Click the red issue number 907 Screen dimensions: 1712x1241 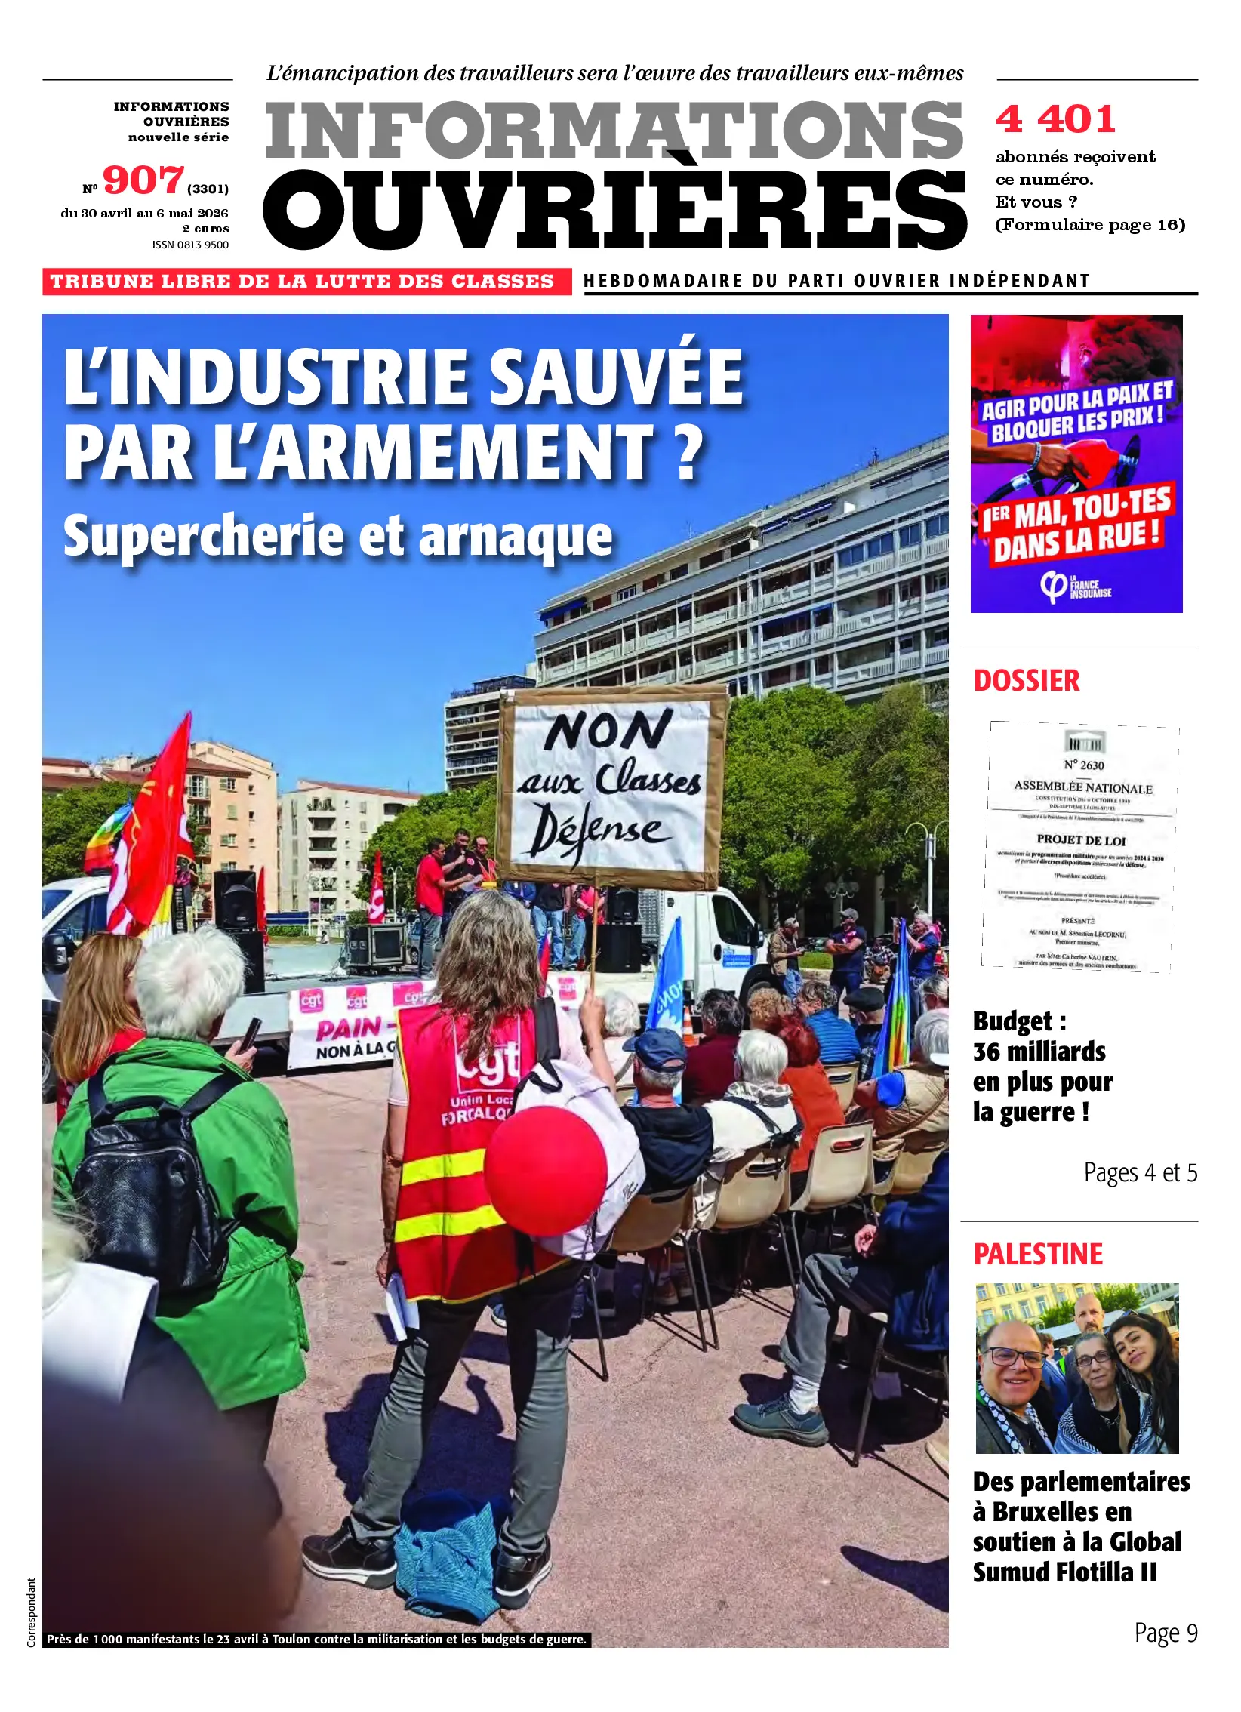143,181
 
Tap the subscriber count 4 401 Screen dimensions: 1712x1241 1055,119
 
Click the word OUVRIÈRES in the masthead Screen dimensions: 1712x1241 614,211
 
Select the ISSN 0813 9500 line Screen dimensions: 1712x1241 190,245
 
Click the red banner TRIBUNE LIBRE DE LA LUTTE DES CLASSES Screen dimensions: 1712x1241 303,282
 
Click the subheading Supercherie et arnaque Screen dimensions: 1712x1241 337,537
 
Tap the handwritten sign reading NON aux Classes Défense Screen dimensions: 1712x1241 611,789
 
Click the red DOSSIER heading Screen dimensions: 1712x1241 1027,681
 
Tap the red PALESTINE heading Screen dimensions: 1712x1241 1038,1255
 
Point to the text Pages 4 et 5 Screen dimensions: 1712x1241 1140,1172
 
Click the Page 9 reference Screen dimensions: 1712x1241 1166,1633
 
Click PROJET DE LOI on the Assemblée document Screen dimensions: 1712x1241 1080,840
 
